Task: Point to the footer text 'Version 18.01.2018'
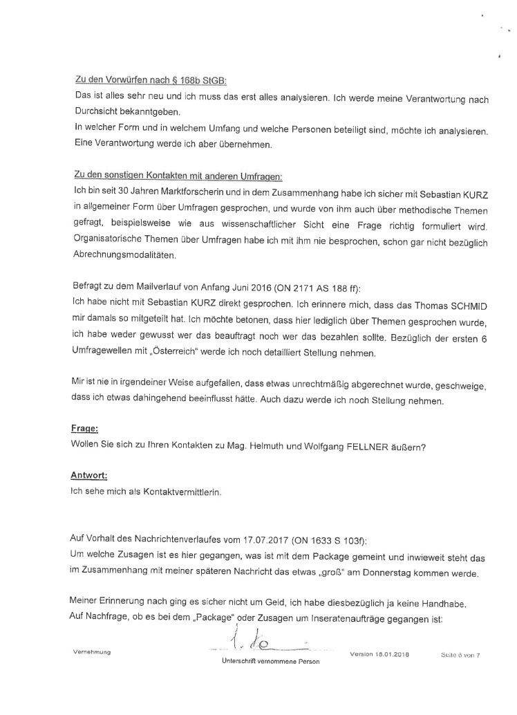[x=379, y=653]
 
